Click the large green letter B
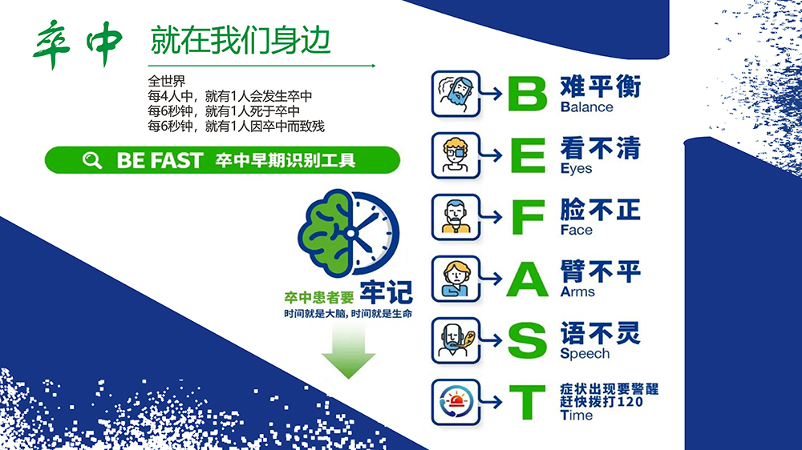click(528, 94)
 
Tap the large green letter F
click(528, 217)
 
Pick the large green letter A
click(528, 279)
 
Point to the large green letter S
click(528, 340)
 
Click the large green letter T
click(528, 403)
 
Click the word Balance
click(587, 107)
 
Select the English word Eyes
click(577, 169)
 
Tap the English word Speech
click(585, 354)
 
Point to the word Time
click(577, 416)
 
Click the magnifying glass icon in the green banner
click(92, 160)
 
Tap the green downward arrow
click(348, 352)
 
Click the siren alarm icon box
click(456, 403)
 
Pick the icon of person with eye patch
click(456, 155)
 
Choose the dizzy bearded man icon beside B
click(456, 94)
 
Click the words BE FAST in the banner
click(160, 160)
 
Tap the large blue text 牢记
click(387, 292)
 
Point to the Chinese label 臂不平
click(601, 271)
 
